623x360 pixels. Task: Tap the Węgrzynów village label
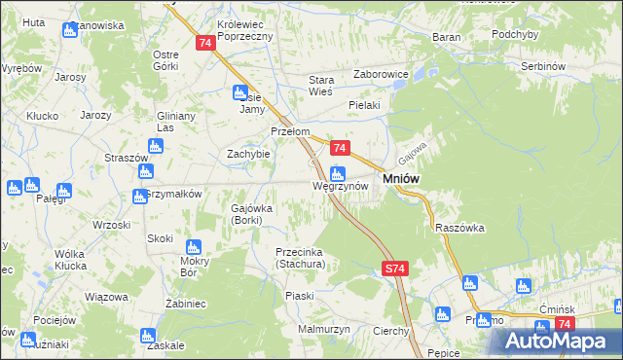pyautogui.click(x=340, y=185)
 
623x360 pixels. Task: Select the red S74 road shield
pyautogui.click(x=393, y=268)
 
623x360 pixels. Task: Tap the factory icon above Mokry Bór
pyautogui.click(x=193, y=246)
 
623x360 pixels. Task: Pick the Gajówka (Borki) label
pyautogui.click(x=252, y=214)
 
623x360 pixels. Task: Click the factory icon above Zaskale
pyautogui.click(x=149, y=334)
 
